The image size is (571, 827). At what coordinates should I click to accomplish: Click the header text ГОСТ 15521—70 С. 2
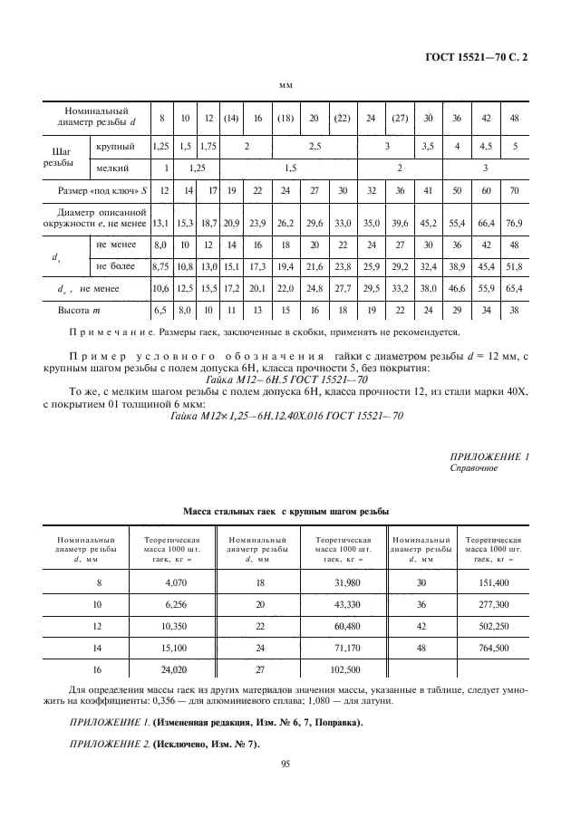coord(478,57)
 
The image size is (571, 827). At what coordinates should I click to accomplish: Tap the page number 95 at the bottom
coord(285,764)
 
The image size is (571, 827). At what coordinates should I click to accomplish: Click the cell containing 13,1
coord(162,222)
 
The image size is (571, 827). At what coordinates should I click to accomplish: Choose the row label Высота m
coord(82,310)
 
